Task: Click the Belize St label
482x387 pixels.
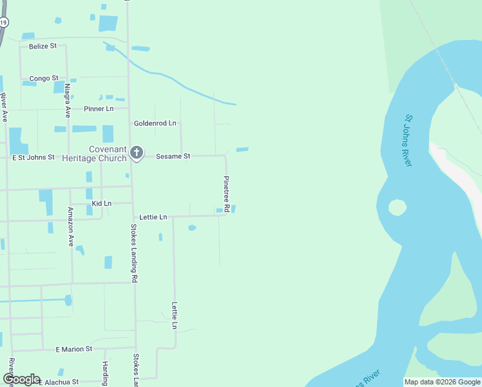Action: click(43, 46)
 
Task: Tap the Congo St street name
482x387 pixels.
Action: click(44, 79)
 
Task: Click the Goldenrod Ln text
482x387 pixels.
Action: click(155, 123)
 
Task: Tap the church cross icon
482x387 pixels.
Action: click(136, 153)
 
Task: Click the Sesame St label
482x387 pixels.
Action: click(173, 156)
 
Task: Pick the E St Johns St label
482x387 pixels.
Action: click(34, 157)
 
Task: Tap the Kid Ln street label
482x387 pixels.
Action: click(102, 204)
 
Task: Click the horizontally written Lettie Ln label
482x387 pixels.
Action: click(153, 217)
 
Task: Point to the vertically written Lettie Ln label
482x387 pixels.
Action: click(174, 315)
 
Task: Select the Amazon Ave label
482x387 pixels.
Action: click(71, 227)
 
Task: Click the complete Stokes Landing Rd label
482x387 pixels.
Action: click(134, 253)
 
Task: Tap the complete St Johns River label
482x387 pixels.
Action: click(409, 140)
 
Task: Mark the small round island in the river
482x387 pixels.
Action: click(397, 208)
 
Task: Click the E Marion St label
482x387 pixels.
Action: click(73, 349)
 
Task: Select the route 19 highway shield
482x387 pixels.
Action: click(4, 23)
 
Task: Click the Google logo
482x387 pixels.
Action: click(21, 379)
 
